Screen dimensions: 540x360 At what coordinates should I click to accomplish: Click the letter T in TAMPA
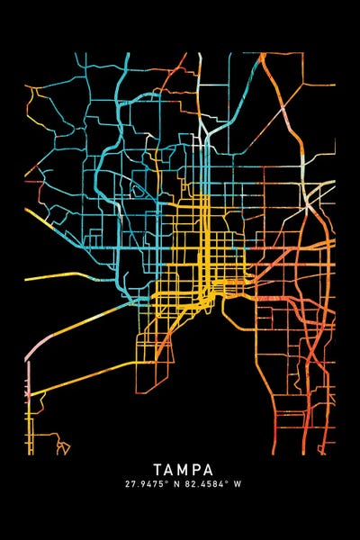pyautogui.click(x=157, y=470)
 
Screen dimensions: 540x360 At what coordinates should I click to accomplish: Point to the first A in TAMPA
pyautogui.click(x=170, y=470)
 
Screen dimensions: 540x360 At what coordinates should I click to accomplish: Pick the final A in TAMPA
pyautogui.click(x=210, y=470)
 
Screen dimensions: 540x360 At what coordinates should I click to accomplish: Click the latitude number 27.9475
pyautogui.click(x=143, y=484)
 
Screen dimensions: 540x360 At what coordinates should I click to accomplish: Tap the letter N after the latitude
pyautogui.click(x=175, y=484)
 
